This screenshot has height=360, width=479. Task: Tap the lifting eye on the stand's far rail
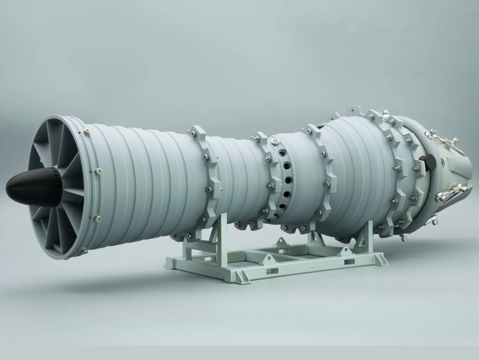(281, 241)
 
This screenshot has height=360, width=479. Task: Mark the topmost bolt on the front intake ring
(86, 131)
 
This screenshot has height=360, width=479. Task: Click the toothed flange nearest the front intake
(207, 173)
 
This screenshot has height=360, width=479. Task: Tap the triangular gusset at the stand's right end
(381, 260)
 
